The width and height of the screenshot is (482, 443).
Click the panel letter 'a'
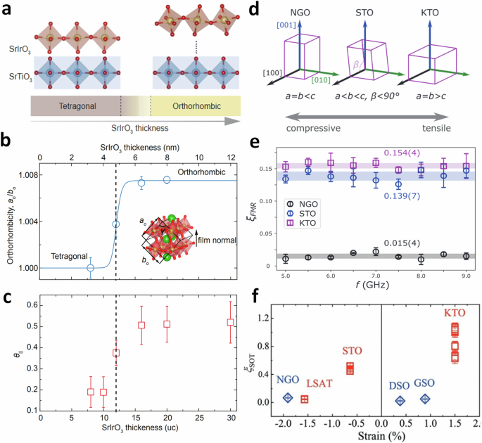[x=8, y=8]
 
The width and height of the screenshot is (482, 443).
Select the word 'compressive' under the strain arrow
[x=310, y=128]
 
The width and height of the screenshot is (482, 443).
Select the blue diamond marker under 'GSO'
[x=424, y=399]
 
